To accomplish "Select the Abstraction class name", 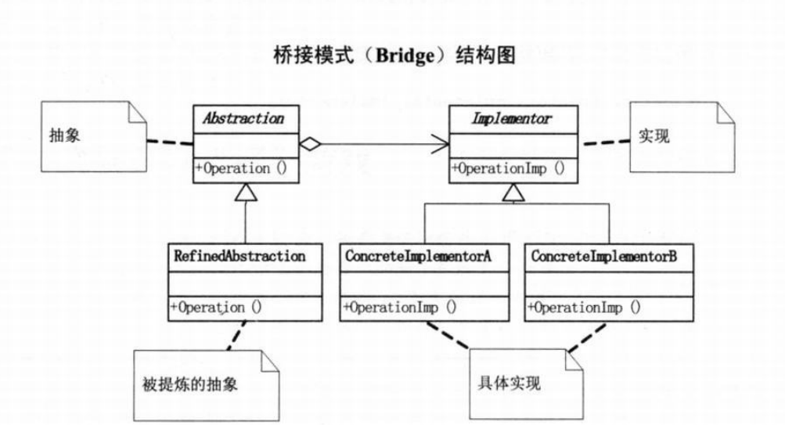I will tap(243, 120).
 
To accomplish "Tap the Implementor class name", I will tap(512, 120).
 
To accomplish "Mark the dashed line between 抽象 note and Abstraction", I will tap(169, 142).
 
